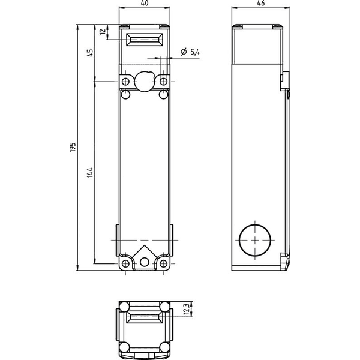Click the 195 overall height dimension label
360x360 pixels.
click(x=73, y=147)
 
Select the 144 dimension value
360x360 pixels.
click(x=90, y=172)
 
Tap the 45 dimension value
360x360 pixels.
click(x=90, y=53)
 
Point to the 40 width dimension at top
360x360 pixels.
click(x=145, y=3)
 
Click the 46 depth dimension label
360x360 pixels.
click(x=261, y=3)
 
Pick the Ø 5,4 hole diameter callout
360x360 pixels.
click(x=190, y=52)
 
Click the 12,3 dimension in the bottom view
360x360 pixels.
click(x=187, y=308)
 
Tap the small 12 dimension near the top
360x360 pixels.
click(x=104, y=31)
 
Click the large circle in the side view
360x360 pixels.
click(x=255, y=240)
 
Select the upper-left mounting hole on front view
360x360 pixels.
click(x=125, y=81)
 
